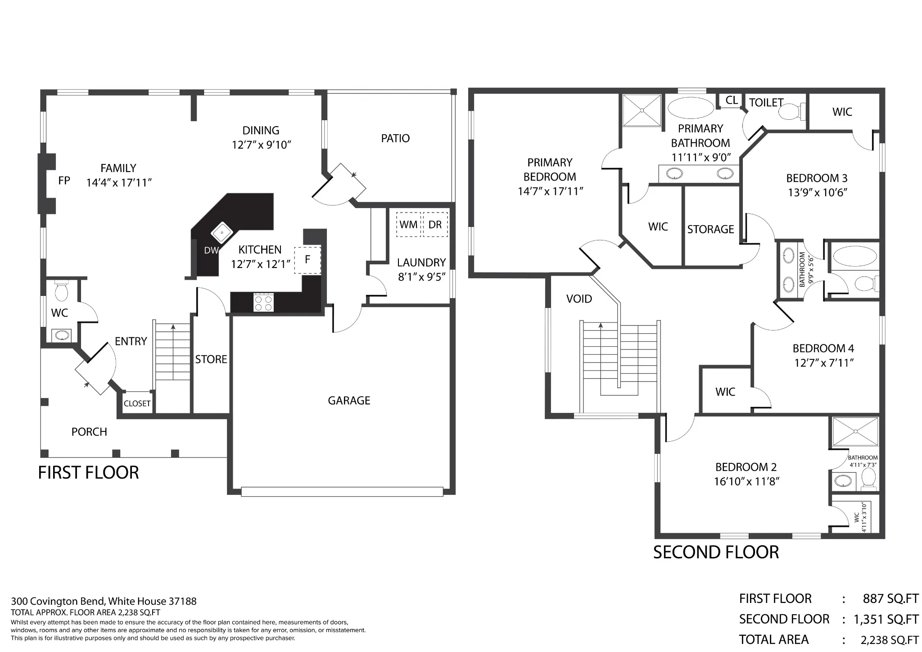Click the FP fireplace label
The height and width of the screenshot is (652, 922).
(64, 181)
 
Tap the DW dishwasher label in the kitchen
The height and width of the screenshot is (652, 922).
(211, 250)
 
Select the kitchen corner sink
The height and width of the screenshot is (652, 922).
(222, 233)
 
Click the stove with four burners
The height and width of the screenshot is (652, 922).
(263, 302)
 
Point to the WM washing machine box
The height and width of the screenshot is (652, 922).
(408, 224)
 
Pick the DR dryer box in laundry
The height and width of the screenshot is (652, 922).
(435, 224)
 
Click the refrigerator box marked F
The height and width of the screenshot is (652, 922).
(308, 260)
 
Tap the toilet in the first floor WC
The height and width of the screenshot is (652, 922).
(61, 291)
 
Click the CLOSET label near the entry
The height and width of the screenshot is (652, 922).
(137, 403)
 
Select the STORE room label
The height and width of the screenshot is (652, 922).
(211, 359)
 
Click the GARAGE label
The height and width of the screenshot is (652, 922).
(349, 401)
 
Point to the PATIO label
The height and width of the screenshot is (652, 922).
(395, 138)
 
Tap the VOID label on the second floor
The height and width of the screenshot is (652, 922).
(579, 299)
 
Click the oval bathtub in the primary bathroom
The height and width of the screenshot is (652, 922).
(691, 108)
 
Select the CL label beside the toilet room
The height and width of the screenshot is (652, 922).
(732, 100)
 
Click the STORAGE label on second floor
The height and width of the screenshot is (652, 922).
(710, 230)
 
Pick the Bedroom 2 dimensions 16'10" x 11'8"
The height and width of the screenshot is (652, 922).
(746, 481)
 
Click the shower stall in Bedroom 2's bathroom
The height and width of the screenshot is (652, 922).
(855, 432)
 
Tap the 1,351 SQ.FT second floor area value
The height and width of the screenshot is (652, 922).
(886, 619)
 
